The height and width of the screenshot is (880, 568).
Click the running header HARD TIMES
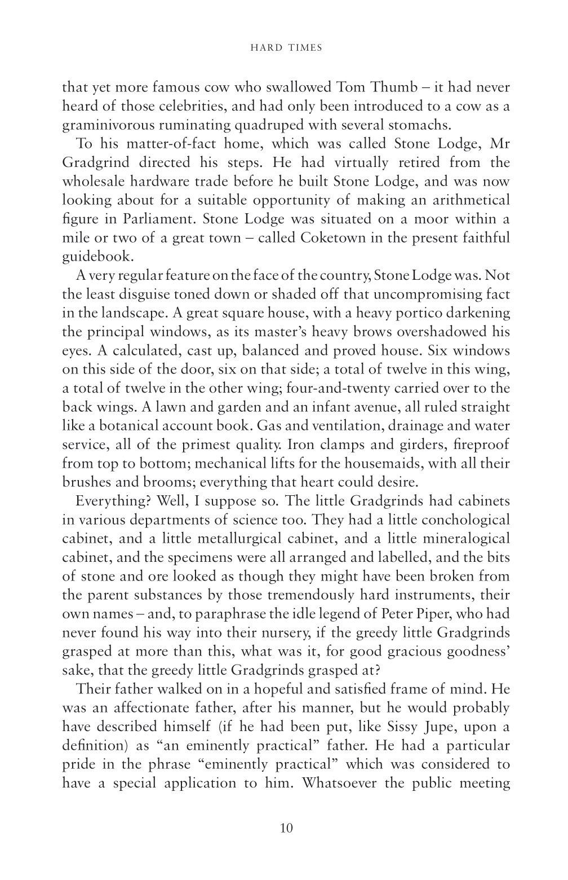click(x=286, y=48)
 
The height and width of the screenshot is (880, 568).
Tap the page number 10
click(x=286, y=828)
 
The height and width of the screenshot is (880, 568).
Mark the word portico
click(x=429, y=313)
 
